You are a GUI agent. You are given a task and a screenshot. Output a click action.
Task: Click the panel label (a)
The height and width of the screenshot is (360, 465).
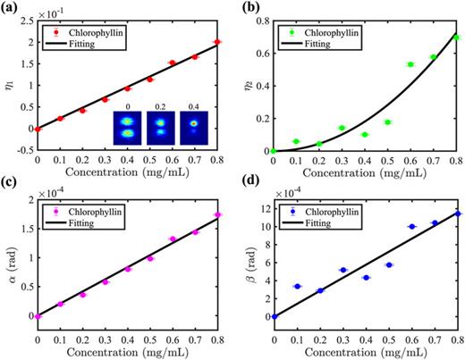pos(11,8)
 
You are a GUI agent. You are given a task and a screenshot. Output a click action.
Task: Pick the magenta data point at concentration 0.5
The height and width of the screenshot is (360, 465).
pos(150,258)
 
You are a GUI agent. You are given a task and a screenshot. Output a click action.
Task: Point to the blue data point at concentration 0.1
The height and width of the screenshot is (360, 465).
pos(297,286)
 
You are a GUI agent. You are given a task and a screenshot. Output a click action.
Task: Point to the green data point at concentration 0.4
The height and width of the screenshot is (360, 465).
pos(365,134)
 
